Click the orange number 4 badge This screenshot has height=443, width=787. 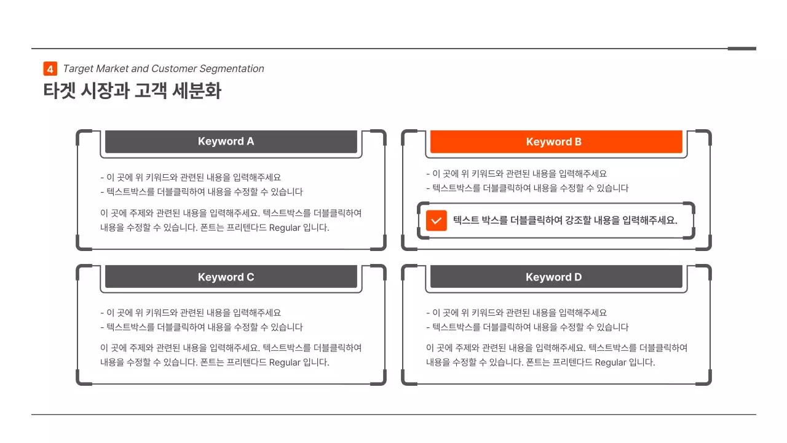[x=50, y=69]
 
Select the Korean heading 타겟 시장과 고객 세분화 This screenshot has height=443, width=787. [x=132, y=91]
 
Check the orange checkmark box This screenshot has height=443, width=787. [x=436, y=220]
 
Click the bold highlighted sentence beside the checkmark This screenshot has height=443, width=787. [x=564, y=220]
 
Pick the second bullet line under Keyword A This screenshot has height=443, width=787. [x=202, y=192]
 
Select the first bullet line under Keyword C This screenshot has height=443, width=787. [x=191, y=313]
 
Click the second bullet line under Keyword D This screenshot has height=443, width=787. [x=527, y=327]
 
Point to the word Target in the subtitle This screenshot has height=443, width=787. [x=78, y=69]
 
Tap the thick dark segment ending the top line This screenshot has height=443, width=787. [x=742, y=49]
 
